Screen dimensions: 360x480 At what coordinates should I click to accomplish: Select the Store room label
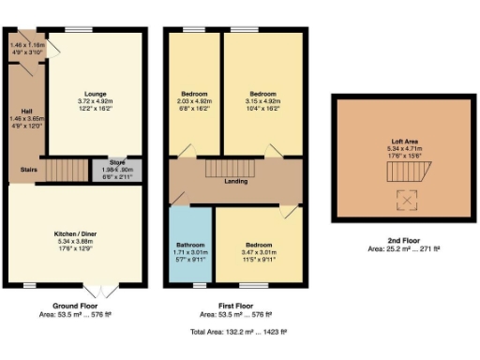coord(117,162)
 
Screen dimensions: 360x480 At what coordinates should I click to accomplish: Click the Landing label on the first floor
coord(235,181)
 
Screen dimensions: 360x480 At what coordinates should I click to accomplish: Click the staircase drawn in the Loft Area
coord(406,171)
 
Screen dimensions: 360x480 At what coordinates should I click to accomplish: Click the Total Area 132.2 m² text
coord(240,331)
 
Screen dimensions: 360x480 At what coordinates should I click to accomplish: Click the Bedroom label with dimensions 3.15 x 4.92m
coord(262,94)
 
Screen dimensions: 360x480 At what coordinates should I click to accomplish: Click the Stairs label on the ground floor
coord(28,170)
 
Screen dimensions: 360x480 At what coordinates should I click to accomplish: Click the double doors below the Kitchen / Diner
coord(95,285)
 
